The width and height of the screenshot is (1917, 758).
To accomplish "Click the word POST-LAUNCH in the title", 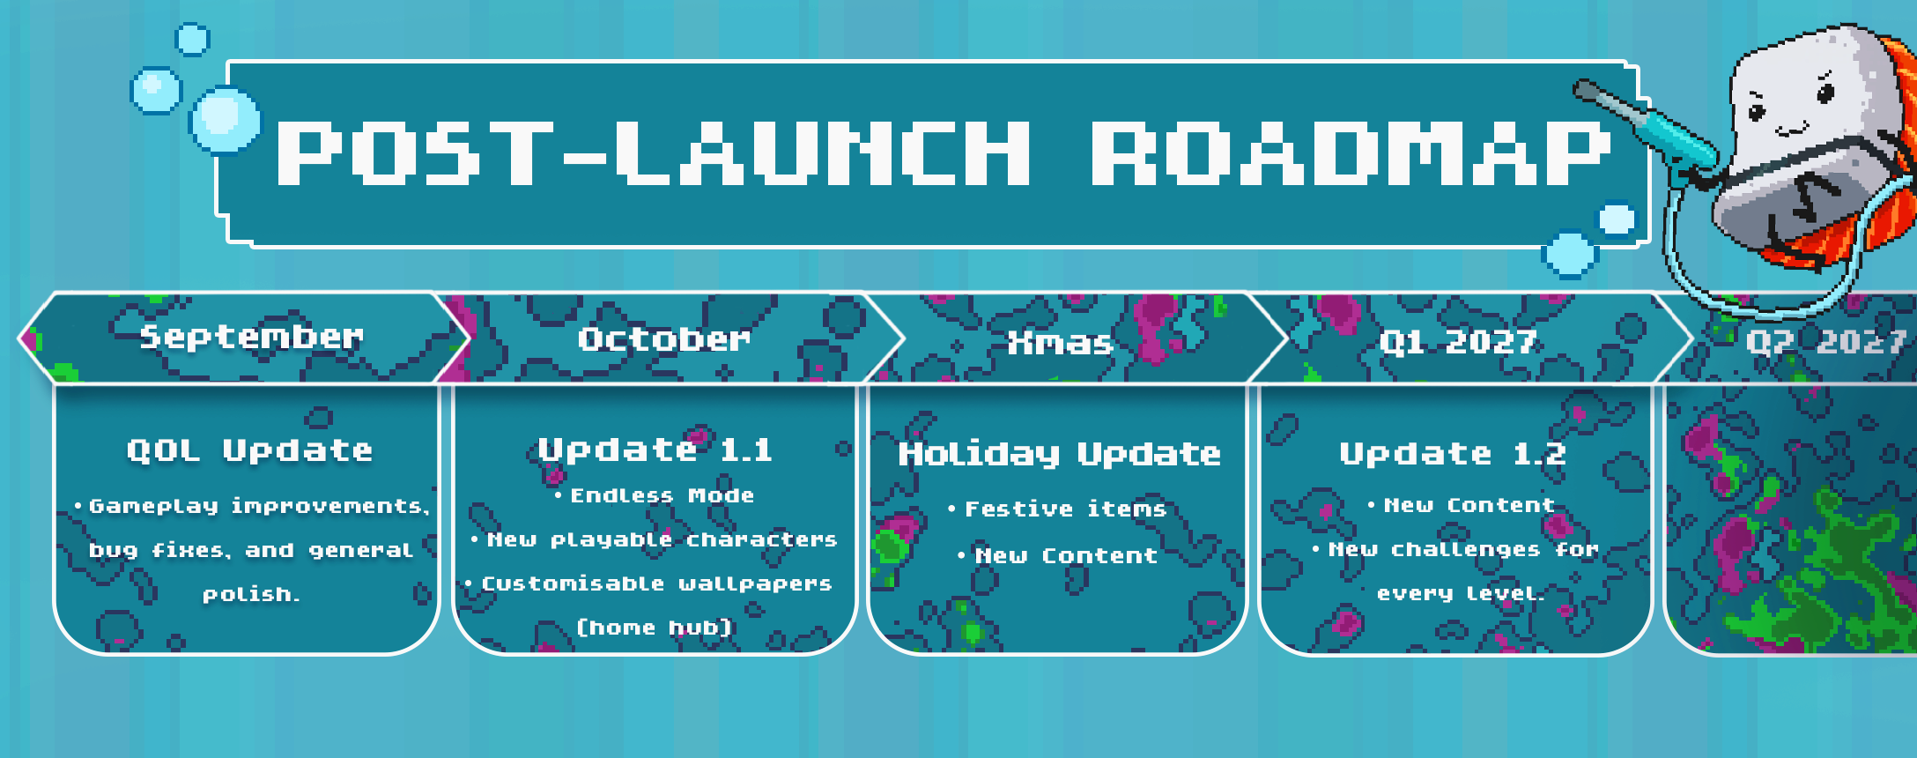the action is point(653,153).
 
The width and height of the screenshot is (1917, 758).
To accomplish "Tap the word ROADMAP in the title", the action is point(1351,153).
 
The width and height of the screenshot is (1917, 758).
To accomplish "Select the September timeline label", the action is point(251,338).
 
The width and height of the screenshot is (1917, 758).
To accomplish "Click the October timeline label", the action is point(664,339).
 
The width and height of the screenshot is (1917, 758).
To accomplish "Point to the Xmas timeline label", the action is point(1060,342).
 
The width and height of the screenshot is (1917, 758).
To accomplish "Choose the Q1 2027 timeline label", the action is point(1458,342).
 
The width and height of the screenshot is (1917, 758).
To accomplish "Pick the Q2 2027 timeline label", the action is point(1826,342).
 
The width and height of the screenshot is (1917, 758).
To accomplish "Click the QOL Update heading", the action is point(249,451).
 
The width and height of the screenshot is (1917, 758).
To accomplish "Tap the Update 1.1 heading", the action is point(655,450).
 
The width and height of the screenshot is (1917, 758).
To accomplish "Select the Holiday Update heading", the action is point(1059,454).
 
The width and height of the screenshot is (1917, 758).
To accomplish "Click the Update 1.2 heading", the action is point(1453,454).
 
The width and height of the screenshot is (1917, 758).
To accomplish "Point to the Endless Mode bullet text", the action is point(662,495).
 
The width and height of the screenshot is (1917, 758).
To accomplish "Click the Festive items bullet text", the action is point(1065,509).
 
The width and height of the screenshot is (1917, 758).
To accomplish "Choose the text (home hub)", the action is point(655,628).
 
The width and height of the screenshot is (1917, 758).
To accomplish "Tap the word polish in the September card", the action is point(250,595).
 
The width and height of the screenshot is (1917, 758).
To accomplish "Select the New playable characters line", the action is point(662,539).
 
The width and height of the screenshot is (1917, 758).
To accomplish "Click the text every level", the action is point(1461,594).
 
